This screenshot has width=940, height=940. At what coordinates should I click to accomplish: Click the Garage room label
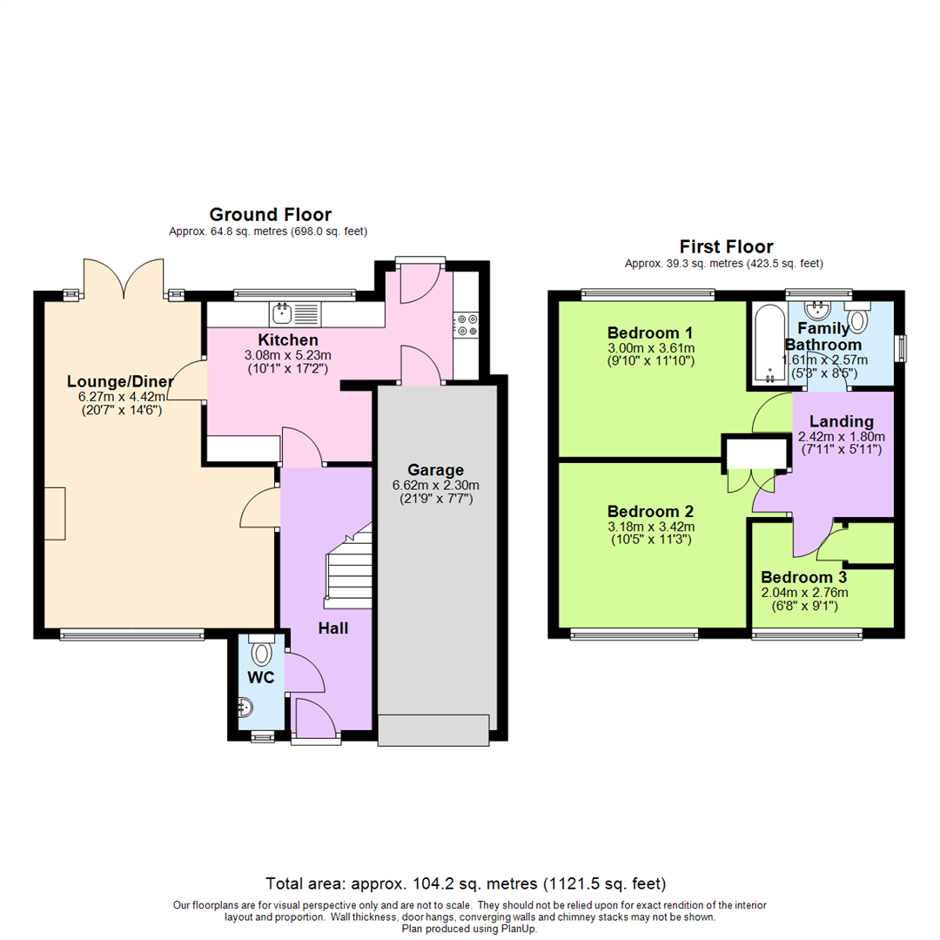(x=437, y=470)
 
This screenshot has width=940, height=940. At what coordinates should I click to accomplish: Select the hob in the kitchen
(x=465, y=325)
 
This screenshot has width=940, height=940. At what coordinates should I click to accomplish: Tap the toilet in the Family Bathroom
(x=858, y=319)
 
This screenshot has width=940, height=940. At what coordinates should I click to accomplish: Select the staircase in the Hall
(x=348, y=566)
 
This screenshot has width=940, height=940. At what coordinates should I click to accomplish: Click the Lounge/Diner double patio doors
(x=123, y=279)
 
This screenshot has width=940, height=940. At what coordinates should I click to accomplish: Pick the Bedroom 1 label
(x=650, y=332)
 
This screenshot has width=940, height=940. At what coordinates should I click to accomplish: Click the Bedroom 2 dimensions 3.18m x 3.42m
(x=650, y=526)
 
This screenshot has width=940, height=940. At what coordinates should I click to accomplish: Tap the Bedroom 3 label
(x=803, y=577)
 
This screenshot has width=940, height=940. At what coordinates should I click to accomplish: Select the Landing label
(x=841, y=421)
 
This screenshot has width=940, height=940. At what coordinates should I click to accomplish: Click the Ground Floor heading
(x=270, y=214)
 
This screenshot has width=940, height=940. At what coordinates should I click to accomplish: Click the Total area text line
(x=470, y=883)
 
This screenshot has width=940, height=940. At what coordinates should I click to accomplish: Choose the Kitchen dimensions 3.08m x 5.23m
(x=287, y=355)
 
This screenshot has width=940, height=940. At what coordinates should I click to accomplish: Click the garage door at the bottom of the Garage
(x=433, y=729)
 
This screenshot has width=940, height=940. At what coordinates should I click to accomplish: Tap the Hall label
(x=332, y=628)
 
